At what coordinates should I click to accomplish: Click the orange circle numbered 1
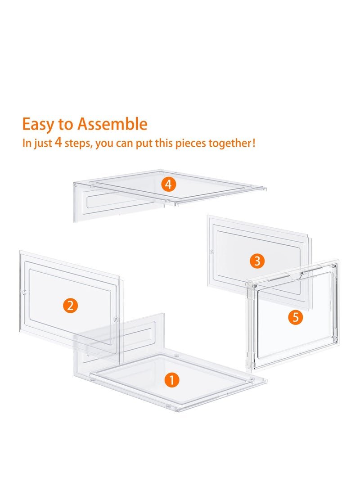coord(171,380)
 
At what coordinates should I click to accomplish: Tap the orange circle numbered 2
coord(70,305)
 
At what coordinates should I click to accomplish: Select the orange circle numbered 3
coord(257,261)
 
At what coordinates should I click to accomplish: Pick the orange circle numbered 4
coord(168,185)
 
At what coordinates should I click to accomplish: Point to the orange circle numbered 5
coord(296,318)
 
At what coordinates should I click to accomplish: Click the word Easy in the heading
coord(38,125)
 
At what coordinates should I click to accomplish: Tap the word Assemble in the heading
coord(112,124)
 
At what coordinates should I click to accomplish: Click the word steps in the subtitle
coord(78,144)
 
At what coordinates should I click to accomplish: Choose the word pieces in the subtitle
coord(191,144)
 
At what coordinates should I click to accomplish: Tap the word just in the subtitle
coord(42,144)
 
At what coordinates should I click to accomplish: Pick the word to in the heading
coord(65,124)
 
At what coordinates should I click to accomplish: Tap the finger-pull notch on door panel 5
coord(295,275)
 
